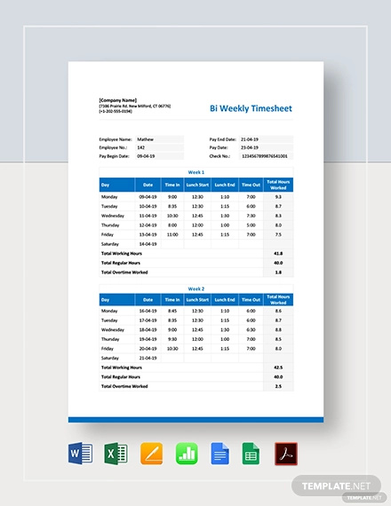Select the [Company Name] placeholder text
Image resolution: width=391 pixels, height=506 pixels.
pos(118,99)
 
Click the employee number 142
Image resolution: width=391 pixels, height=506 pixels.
pos(142,147)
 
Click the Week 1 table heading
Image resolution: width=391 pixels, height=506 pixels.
pos(195,172)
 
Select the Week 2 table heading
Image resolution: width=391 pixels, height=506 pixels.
pos(195,289)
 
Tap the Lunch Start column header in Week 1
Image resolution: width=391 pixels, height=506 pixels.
pos(197,185)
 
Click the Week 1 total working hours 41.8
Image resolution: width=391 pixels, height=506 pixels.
pos(278,253)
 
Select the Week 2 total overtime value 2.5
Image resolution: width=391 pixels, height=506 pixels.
pos(278,386)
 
